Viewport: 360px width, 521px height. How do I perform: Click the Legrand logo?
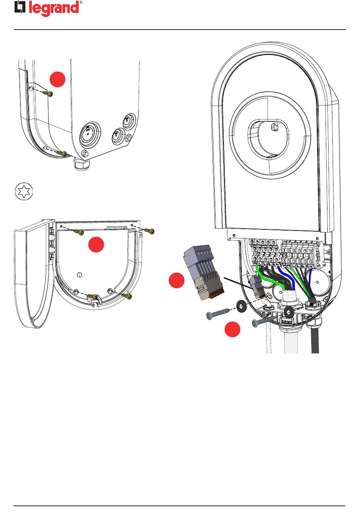point(47,8)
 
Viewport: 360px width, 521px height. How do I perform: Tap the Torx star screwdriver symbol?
point(23,192)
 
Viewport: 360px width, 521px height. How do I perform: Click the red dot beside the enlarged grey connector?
point(177,280)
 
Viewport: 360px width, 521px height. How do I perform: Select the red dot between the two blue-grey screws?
point(232,329)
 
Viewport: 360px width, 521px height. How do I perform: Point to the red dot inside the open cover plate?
point(96,245)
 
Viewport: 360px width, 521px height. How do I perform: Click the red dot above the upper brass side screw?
point(58,79)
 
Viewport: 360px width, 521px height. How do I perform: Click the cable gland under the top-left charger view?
point(82,165)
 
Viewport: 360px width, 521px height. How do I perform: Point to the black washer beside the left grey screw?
point(240,306)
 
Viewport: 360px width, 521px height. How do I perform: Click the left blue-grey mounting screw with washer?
point(218,313)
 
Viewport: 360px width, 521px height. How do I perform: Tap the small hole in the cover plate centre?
point(79,275)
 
